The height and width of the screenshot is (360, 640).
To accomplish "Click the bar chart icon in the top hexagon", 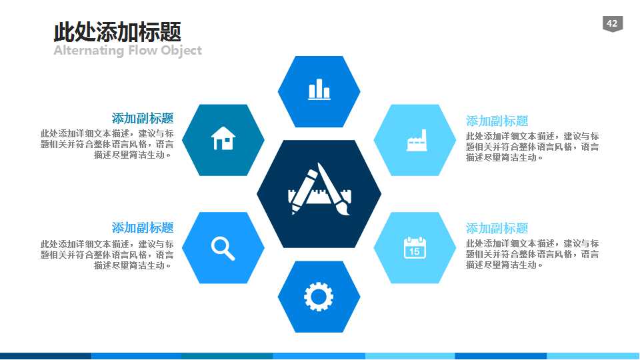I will click(319, 89).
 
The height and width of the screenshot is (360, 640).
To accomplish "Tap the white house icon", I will click(223, 139).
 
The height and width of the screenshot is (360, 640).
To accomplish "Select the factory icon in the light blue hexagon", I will click(416, 141).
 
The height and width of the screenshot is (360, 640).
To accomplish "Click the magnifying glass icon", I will click(223, 248).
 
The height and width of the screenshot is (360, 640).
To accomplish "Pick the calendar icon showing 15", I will click(415, 247).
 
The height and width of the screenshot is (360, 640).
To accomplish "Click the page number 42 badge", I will click(611, 24).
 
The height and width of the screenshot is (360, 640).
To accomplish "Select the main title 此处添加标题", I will click(117, 32).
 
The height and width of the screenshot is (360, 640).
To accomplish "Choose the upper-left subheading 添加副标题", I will click(143, 119).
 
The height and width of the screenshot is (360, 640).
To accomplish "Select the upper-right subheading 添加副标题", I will click(497, 121).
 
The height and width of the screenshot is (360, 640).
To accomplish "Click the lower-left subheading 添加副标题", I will click(143, 227).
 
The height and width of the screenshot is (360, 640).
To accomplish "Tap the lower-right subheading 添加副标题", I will click(497, 228).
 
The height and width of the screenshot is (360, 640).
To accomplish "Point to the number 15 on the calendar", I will click(415, 251).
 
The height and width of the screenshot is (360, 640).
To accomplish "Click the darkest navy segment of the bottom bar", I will click(45, 356).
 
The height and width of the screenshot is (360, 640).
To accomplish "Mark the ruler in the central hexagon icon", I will click(319, 197).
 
